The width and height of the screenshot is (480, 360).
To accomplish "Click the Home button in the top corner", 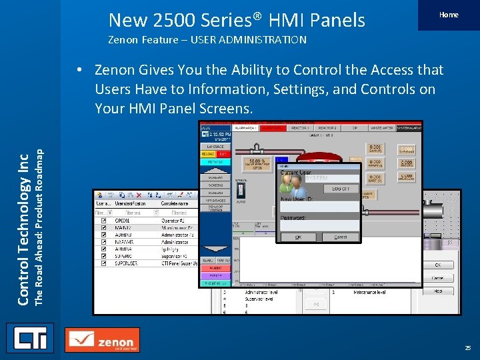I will coord(448,15).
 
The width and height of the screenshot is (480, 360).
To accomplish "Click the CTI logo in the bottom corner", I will coord(29,339).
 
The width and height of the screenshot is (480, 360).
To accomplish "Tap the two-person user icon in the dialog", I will coord(290,181).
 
